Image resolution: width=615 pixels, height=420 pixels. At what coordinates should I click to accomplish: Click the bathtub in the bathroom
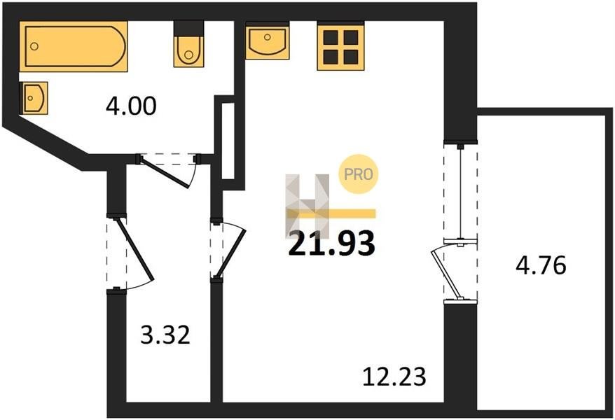pos(74,46)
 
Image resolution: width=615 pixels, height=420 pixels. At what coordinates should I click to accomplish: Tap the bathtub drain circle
pos(34,46)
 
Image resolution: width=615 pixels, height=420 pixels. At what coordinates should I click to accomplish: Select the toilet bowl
pos(188,51)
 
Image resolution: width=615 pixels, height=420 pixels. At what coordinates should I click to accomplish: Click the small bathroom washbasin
pos(34,98)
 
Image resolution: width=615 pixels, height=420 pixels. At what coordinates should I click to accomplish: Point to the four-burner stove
pos(340,48)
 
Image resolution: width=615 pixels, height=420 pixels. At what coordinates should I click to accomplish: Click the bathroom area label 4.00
pos(131,106)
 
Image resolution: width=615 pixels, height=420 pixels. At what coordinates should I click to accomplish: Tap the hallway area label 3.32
pos(165,336)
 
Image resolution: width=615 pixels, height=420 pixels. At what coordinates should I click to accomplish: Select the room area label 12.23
pos(394,377)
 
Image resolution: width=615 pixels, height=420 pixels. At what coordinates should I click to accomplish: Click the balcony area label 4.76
pos(541,265)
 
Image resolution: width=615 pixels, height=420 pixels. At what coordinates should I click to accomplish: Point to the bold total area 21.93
pos(331,244)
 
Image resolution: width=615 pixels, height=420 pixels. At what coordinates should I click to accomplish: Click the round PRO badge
pos(358,174)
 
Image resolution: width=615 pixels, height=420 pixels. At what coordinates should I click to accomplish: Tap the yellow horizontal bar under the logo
pos(331,213)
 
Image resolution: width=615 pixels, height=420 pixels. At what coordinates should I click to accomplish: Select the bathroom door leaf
pos(165,172)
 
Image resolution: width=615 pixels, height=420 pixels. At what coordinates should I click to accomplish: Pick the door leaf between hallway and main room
pos(230,253)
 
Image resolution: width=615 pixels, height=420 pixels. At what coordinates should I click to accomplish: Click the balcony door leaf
pos(445,273)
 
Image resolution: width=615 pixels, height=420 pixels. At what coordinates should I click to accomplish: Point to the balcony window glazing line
pos(459,192)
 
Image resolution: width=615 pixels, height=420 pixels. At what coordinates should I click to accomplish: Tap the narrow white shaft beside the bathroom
pos(228,141)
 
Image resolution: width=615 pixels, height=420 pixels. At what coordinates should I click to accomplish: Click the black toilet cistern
pos(188,29)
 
